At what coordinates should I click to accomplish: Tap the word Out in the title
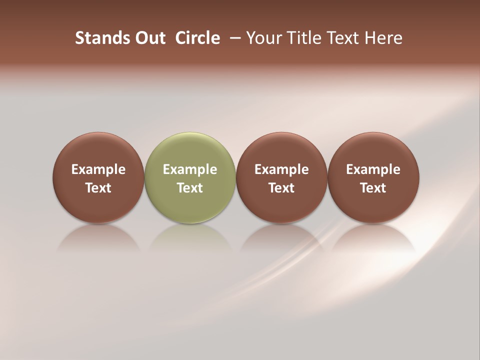tap(148, 38)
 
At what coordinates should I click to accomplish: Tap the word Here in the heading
tap(383, 38)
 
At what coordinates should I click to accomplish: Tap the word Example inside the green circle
tap(190, 169)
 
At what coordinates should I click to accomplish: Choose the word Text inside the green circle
tap(190, 188)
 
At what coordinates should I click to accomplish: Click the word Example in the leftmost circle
tap(98, 169)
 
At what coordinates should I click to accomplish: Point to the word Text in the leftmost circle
tap(98, 188)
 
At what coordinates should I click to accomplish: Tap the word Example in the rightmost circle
tap(373, 169)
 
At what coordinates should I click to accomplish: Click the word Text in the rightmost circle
tap(373, 188)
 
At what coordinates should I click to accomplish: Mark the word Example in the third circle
tap(281, 169)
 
